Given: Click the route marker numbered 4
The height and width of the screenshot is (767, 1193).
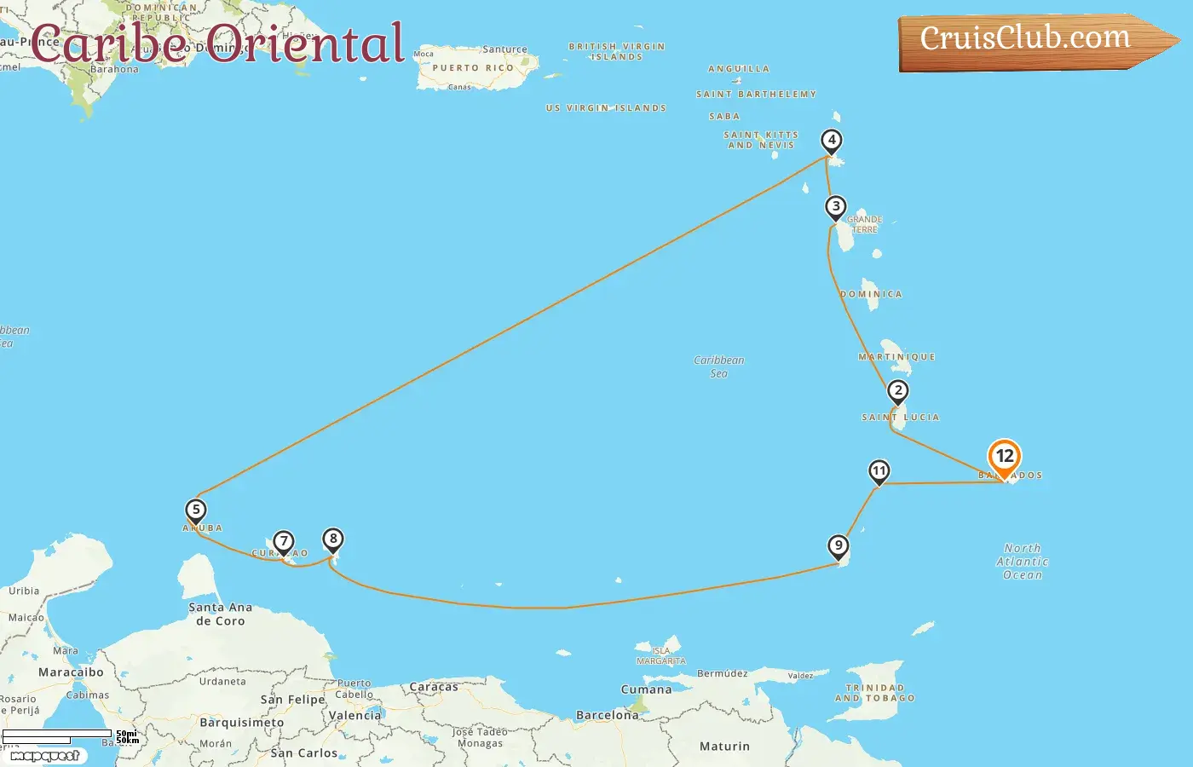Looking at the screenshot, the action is [x=831, y=141].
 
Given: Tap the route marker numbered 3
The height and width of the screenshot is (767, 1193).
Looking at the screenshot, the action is [x=836, y=207].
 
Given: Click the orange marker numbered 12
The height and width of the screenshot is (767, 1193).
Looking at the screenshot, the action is [x=1005, y=457].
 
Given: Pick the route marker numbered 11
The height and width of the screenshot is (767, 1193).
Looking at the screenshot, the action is [x=879, y=471].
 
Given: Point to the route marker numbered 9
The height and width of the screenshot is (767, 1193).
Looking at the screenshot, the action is [x=839, y=546].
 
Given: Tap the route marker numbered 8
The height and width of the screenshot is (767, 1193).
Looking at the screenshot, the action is [x=333, y=539].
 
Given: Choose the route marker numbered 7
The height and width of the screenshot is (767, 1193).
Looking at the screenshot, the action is [x=283, y=542].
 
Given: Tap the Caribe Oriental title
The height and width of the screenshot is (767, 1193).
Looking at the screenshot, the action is [x=217, y=43].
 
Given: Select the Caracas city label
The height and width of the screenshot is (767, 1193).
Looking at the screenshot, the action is [x=434, y=687].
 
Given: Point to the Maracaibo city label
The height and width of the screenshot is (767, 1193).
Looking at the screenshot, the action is [x=71, y=672].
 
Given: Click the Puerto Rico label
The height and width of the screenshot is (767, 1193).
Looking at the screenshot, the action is [x=473, y=68].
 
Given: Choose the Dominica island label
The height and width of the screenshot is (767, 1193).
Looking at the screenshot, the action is [x=871, y=294].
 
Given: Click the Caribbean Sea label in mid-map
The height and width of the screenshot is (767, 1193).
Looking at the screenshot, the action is [x=719, y=366].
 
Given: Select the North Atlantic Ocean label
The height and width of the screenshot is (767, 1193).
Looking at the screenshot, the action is [x=1023, y=562].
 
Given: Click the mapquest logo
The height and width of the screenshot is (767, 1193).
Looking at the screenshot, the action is [x=45, y=756].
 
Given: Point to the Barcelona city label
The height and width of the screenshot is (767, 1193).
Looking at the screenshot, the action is [x=607, y=716].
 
